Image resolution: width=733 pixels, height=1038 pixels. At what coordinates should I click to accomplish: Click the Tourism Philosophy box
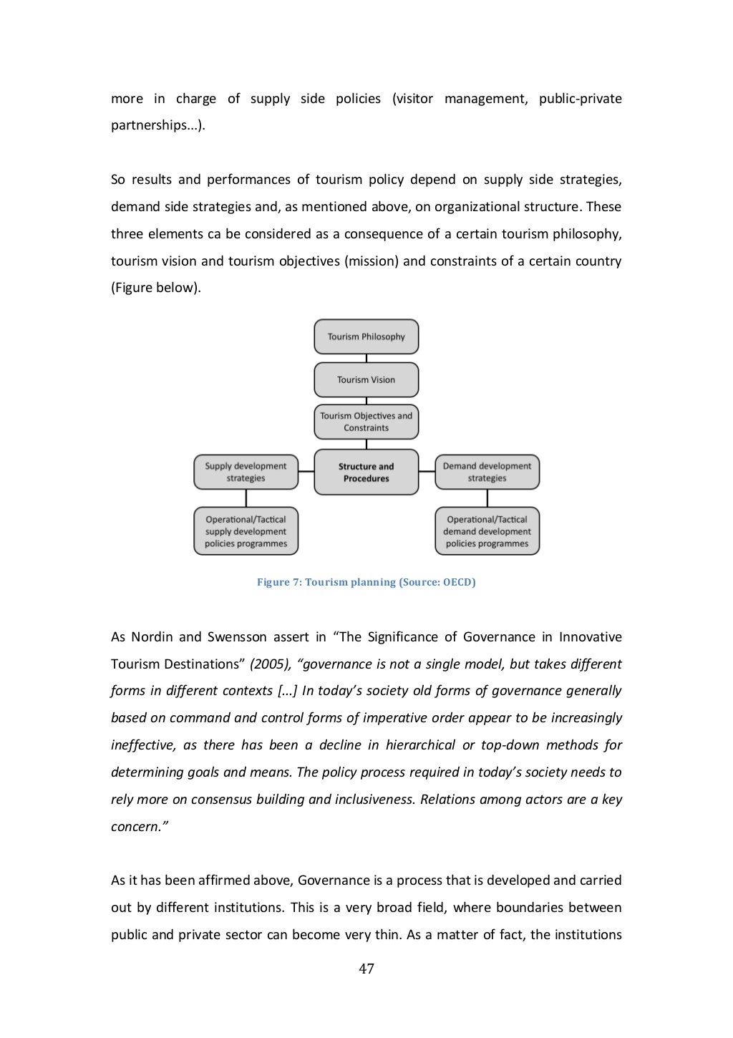coord(366,336)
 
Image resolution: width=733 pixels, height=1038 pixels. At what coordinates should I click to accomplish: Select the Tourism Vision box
coord(366,380)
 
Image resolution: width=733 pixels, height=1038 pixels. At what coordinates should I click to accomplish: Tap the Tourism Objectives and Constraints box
coord(366,422)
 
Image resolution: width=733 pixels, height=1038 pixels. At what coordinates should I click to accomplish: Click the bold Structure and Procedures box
coord(366,472)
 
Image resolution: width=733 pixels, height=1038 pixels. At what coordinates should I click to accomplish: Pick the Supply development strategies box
coord(246,472)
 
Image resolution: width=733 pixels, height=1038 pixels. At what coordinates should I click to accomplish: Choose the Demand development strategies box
coord(487,472)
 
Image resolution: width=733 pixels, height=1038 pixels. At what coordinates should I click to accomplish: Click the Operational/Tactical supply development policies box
coord(246,531)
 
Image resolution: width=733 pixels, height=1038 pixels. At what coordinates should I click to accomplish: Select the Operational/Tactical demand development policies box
coord(487,531)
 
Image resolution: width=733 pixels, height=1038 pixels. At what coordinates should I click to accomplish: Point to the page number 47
coord(366,969)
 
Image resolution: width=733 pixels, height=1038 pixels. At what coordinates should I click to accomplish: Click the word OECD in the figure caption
coord(457,582)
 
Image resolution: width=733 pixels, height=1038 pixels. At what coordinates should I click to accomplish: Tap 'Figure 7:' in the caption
coord(280,582)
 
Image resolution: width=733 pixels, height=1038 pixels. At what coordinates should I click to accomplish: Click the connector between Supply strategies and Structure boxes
coord(306,472)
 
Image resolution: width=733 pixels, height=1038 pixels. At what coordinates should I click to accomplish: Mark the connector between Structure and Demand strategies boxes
coord(427,472)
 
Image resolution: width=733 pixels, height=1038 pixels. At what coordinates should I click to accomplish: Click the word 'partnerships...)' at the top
coord(157,125)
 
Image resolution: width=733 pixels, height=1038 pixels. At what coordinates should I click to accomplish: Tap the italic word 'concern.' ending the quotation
coord(139,827)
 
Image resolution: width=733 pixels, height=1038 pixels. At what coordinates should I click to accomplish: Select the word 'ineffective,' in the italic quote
coord(143,745)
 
